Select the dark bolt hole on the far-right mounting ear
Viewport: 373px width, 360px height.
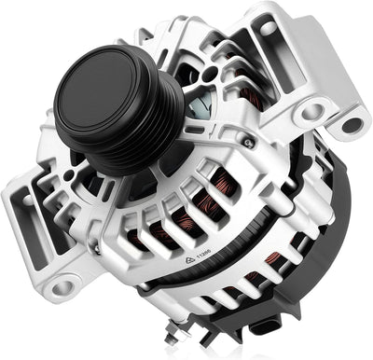352,121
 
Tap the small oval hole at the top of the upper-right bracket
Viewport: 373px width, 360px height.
269,29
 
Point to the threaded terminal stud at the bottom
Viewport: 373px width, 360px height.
201,331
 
